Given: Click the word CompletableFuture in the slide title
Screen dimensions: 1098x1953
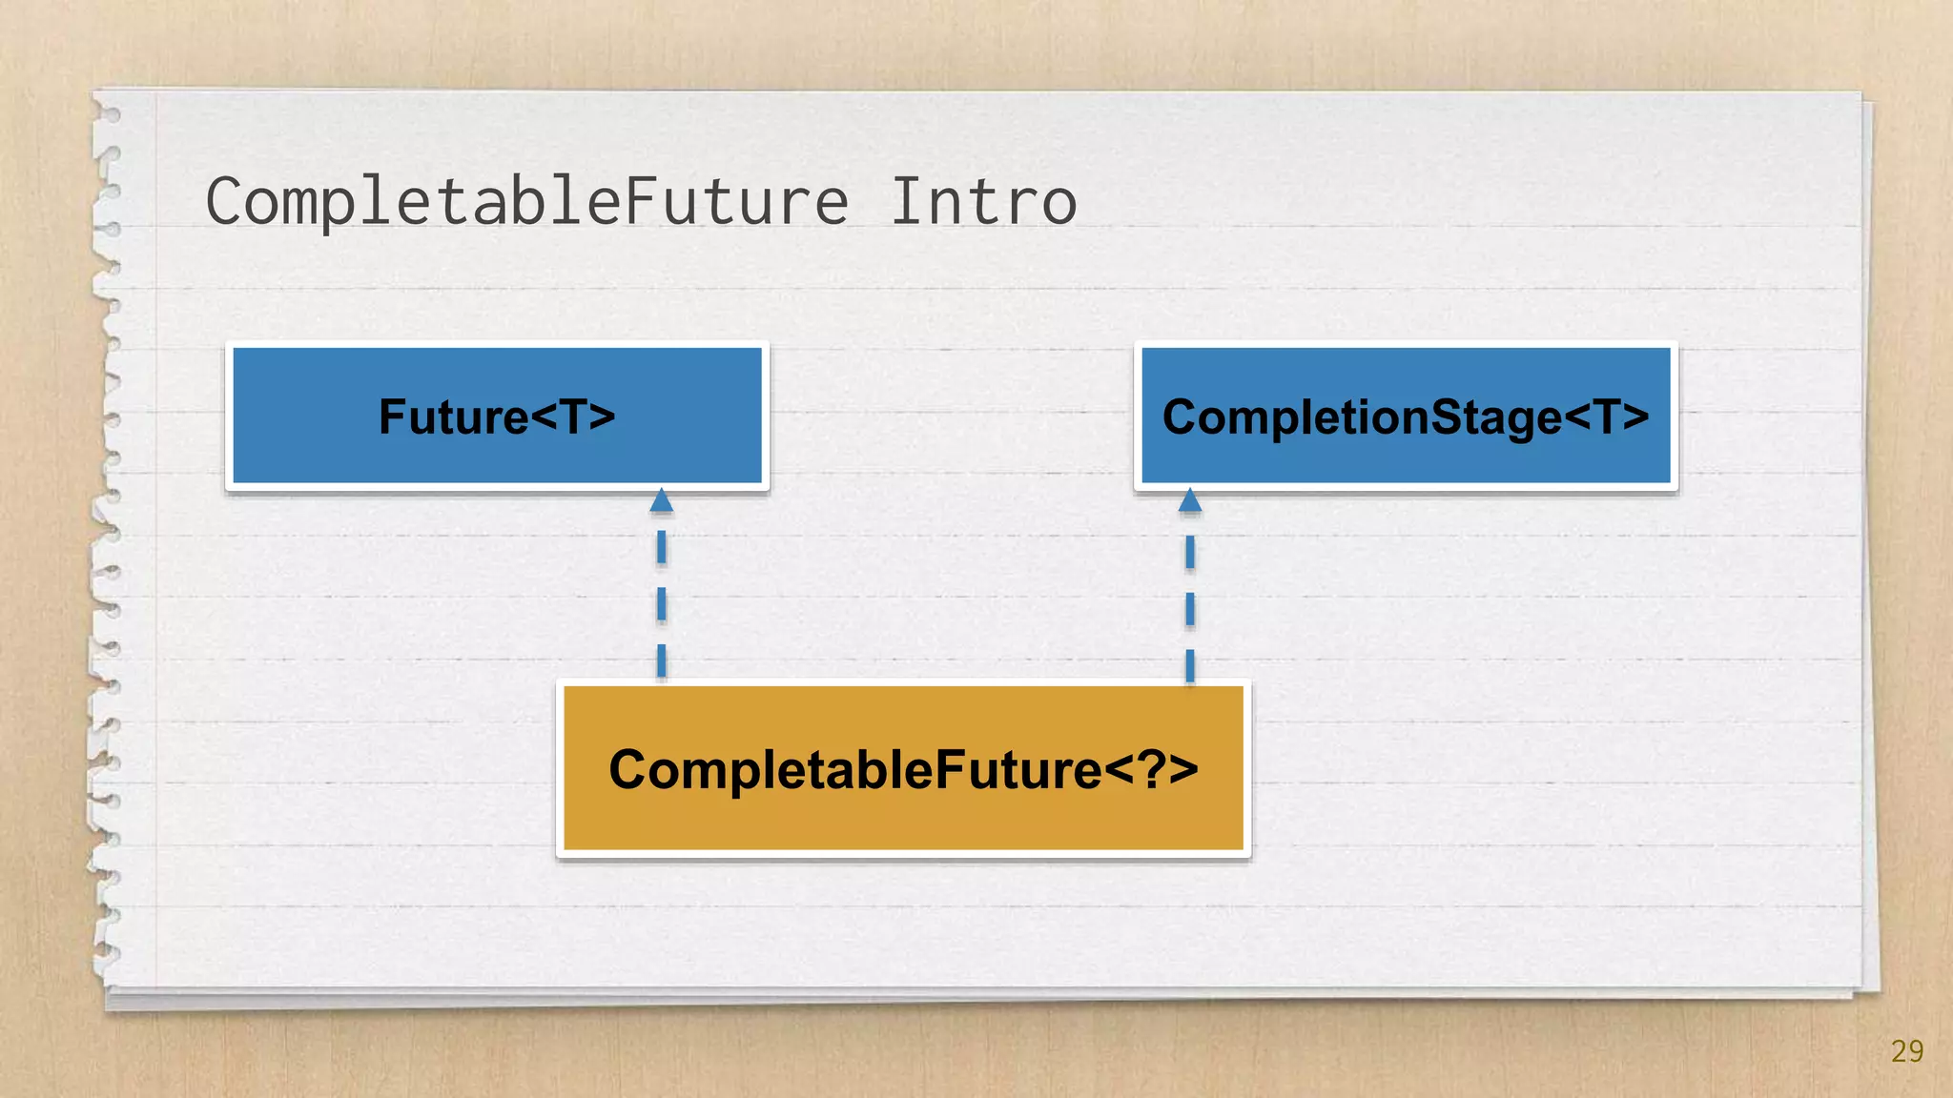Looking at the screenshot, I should coord(526,202).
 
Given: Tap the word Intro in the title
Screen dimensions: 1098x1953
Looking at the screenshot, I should coord(983,202).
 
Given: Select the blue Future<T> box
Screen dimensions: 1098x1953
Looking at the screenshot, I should coord(497,417).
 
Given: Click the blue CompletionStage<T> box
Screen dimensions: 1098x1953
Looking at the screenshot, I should coord(1406,417).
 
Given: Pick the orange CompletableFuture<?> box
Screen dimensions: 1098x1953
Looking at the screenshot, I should coord(903,768).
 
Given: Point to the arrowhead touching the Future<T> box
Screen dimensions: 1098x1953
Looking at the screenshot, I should coord(662,501).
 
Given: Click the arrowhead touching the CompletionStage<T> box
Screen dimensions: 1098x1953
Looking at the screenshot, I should coord(1190,501).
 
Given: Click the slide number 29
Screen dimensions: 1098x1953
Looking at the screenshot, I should coord(1906,1051).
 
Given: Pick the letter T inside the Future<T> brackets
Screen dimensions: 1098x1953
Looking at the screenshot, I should coord(573,417).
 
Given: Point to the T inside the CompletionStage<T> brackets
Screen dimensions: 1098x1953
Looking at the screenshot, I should coord(1608,417).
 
